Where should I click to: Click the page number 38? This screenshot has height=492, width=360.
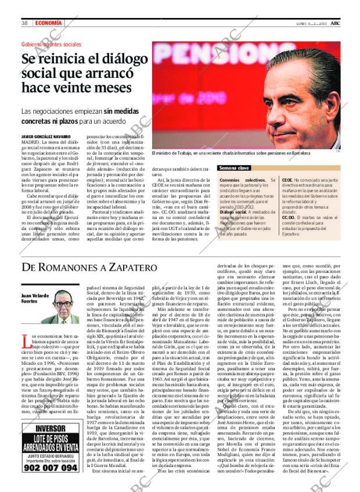click(25, 23)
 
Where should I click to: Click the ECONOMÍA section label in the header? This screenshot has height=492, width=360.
click(48, 23)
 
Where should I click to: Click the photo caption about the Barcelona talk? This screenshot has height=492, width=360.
click(230, 153)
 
